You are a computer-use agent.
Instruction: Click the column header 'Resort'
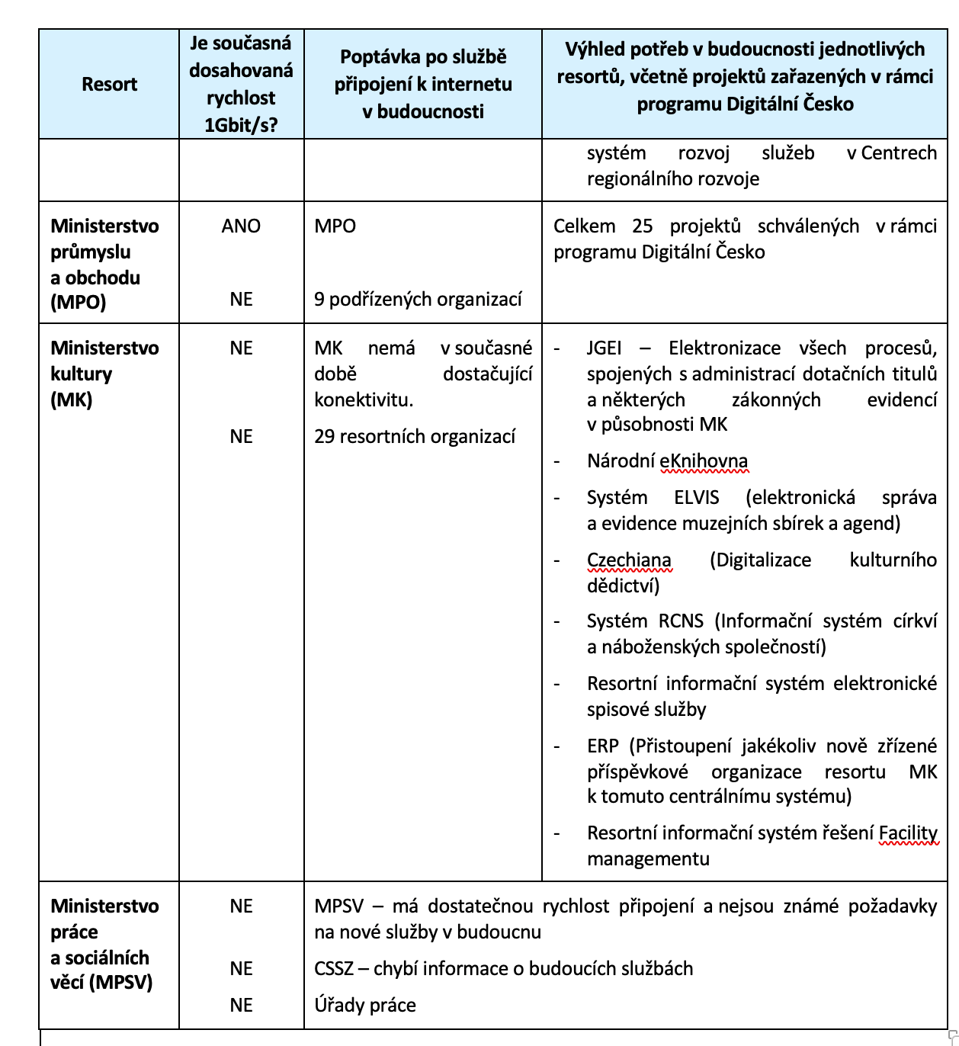click(x=109, y=84)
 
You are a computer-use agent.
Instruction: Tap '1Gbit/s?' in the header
click(x=241, y=124)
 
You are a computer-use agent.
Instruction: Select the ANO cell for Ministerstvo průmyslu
click(x=241, y=226)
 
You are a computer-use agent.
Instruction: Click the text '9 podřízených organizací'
click(x=418, y=300)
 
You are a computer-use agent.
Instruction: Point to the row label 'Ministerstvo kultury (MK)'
click(x=104, y=374)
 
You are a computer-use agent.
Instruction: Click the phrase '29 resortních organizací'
click(x=415, y=437)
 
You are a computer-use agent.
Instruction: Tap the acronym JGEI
click(x=604, y=348)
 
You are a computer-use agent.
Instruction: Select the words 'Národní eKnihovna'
click(x=667, y=461)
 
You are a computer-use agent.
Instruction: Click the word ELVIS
click(x=696, y=498)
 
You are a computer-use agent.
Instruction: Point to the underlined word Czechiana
click(x=629, y=560)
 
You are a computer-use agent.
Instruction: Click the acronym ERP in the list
click(x=602, y=746)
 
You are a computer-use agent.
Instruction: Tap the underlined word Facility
click(x=907, y=833)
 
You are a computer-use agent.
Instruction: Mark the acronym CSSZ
click(x=332, y=969)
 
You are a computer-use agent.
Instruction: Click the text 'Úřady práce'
click(x=365, y=1006)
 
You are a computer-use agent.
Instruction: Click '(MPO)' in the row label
click(x=78, y=303)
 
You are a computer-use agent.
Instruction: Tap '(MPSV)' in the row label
click(x=121, y=983)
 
